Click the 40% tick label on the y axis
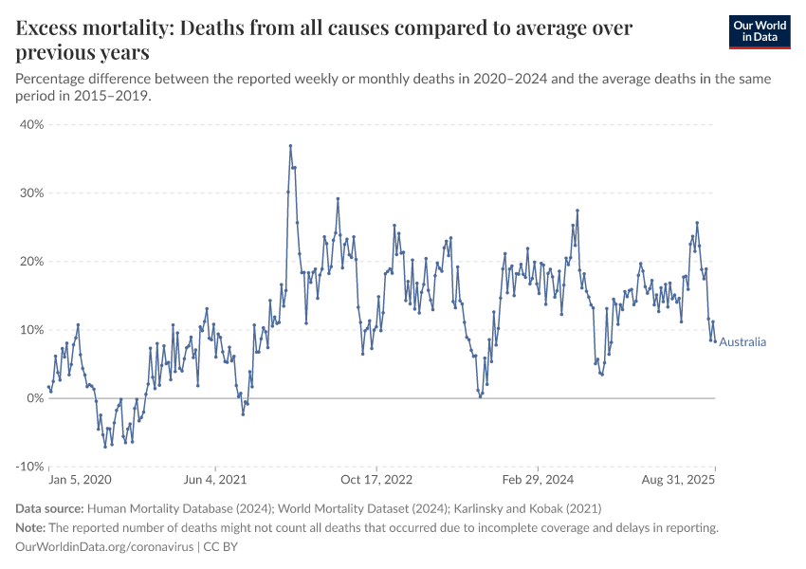[x=31, y=124]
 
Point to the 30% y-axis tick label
[x=31, y=193]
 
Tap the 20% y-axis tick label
[x=31, y=262]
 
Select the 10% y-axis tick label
[x=31, y=330]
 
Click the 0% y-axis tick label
[x=35, y=398]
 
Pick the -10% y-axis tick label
[x=29, y=467]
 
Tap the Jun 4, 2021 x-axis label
[x=215, y=480]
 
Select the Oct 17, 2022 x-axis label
[x=377, y=480]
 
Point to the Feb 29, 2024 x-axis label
[x=538, y=480]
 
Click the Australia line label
[x=742, y=342]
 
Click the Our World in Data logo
[x=760, y=30]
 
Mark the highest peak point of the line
[x=290, y=146]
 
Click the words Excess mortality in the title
[x=91, y=28]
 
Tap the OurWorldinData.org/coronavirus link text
[x=104, y=547]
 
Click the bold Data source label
[x=49, y=507]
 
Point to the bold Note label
[x=30, y=527]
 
